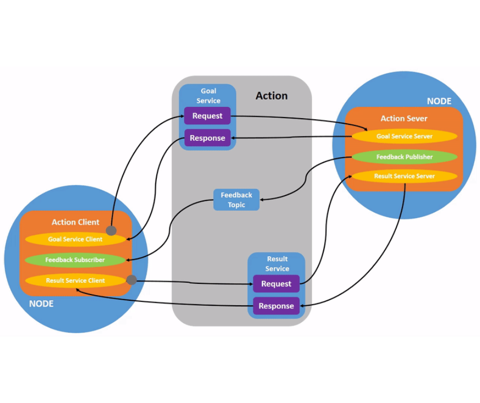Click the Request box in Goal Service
click(207, 116)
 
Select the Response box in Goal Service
click(207, 138)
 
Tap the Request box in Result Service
click(276, 284)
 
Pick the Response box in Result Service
click(276, 306)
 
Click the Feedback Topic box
click(236, 200)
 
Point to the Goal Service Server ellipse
click(404, 137)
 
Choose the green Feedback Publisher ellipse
click(404, 157)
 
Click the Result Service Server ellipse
click(404, 176)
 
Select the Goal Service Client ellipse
click(75, 239)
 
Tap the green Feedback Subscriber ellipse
click(75, 260)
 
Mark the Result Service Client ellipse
click(75, 281)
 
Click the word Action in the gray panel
click(272, 96)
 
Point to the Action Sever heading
click(404, 119)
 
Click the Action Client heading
click(75, 222)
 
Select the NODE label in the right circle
click(439, 101)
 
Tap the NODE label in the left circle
click(41, 304)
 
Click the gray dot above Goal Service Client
click(111, 231)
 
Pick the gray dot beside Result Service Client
click(132, 280)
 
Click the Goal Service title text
click(208, 96)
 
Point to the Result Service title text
click(277, 264)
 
